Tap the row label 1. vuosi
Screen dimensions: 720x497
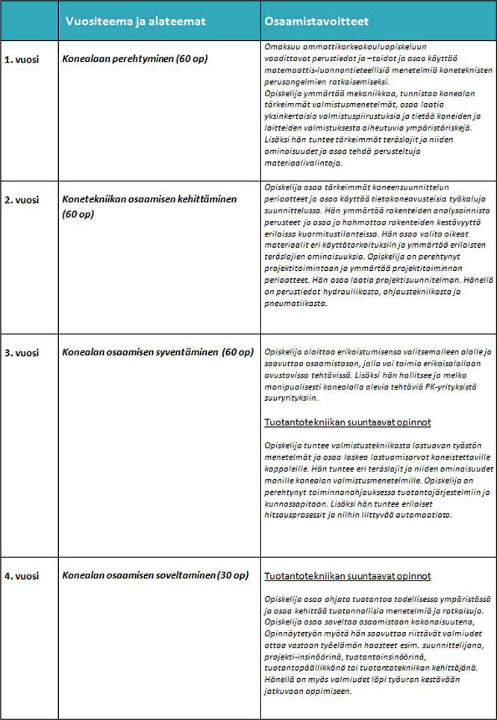21,59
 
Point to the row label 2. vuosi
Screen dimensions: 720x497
21,201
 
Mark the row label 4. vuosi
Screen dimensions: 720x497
21,576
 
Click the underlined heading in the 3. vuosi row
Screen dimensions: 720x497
348,423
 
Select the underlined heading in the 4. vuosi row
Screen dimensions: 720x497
348,577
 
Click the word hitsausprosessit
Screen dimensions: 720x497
299,515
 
